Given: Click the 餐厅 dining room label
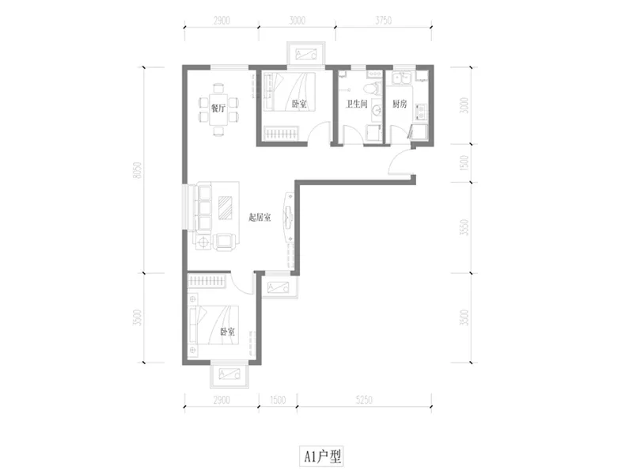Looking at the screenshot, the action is pos(218,108).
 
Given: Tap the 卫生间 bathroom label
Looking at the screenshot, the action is pos(357,104).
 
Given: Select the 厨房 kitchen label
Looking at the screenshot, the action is pos(400,104).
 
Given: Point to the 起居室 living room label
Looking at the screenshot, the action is pos(260,218).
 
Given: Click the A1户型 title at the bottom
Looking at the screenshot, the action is pos(322,457).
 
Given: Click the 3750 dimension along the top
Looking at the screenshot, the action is pos(383,21).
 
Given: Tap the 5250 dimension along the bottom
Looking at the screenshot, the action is pos(364,400).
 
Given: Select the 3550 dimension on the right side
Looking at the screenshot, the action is pos(464,227).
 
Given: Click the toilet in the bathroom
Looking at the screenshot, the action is pos(373,88).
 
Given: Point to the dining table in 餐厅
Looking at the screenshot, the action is pos(218,109).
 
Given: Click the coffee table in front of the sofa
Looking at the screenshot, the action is pos(226,207).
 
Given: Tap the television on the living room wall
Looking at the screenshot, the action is pos(289,216).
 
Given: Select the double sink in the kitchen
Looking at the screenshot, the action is pos(401,78).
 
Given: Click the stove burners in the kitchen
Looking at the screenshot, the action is pos(421,112).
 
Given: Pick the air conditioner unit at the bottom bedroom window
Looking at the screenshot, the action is pos(229,374).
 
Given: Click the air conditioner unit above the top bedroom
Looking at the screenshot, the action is pos(305,53).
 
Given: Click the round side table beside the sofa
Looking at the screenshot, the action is pos(203,241).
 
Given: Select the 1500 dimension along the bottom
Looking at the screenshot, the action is pos(278,400).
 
